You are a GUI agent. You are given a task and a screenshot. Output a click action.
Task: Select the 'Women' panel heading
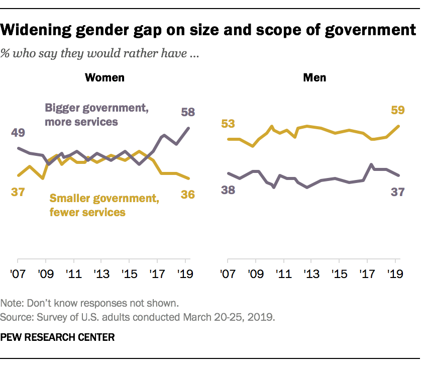click(104, 77)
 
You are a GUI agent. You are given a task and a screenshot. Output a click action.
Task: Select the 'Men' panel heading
click(314, 77)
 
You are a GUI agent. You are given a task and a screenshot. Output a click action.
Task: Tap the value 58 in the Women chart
click(188, 112)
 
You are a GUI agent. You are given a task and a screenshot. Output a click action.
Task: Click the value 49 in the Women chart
click(18, 133)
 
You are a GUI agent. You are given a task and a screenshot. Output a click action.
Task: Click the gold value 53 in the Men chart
click(228, 124)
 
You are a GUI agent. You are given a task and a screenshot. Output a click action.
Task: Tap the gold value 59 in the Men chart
click(398, 110)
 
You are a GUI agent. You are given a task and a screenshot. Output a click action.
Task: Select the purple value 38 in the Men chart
click(228, 190)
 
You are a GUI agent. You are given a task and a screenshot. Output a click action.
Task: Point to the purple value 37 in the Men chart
click(398, 191)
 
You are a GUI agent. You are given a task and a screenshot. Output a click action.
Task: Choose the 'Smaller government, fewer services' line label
click(104, 205)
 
